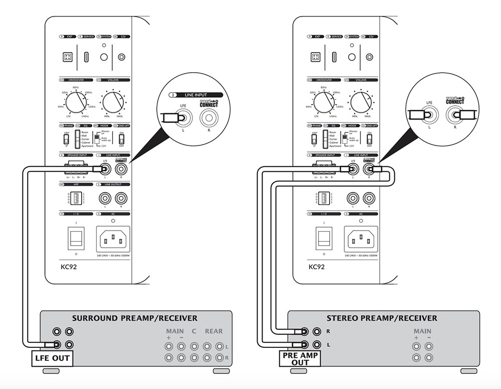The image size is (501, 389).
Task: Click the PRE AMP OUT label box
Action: tap(301, 358)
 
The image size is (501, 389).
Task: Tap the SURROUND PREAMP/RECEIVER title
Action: tap(135, 318)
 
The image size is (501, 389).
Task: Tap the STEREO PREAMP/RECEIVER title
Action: tap(382, 318)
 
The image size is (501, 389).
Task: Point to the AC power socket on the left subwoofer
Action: tap(114, 239)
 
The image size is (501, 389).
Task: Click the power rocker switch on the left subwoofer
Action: tap(76, 238)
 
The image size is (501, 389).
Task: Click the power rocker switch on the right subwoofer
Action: tap(324, 238)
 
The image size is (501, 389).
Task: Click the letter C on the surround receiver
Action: tap(193, 331)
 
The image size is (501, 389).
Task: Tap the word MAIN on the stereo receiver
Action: tap(422, 331)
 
